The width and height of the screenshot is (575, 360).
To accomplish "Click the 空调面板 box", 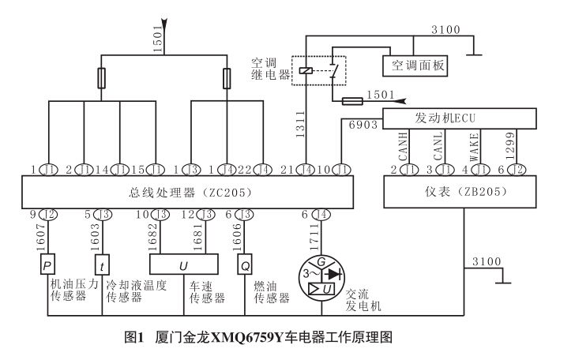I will point(415,65).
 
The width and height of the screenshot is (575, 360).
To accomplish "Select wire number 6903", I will point(364,124).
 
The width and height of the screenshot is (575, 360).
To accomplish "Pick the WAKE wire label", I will point(475,147).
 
